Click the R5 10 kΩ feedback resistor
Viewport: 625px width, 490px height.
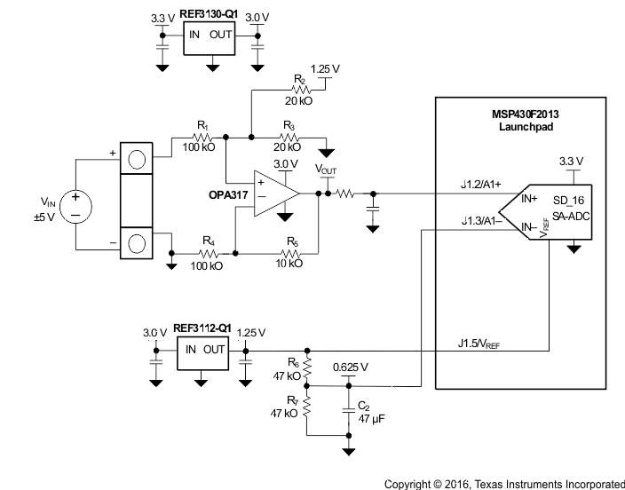(288, 253)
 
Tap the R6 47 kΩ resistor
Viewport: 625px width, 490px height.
(307, 367)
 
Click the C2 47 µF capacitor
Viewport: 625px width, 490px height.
(347, 409)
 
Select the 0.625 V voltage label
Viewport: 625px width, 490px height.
(350, 367)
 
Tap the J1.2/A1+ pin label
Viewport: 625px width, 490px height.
(477, 185)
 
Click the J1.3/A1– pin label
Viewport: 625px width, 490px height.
(479, 221)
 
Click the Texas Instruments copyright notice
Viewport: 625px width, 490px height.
(503, 484)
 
